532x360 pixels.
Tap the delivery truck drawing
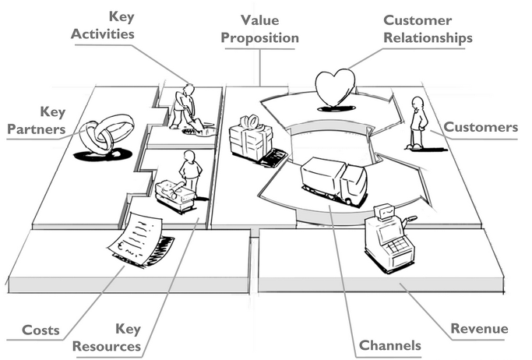[333, 181]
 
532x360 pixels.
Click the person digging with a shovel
[184, 107]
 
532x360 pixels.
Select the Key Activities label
[104, 26]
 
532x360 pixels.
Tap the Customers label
[481, 127]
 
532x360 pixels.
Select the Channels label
[389, 344]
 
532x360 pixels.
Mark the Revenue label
[479, 329]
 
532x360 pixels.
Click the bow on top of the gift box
[249, 121]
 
